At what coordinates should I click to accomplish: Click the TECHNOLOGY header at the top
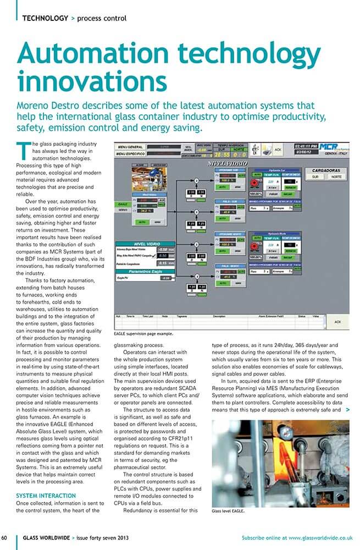(x=45, y=18)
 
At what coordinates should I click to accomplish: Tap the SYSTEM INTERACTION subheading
(x=46, y=496)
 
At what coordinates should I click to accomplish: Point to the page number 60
(x=4, y=537)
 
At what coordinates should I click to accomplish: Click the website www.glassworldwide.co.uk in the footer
(x=320, y=537)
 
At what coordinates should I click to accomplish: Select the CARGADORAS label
(x=328, y=170)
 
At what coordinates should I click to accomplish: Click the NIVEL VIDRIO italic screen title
(x=226, y=163)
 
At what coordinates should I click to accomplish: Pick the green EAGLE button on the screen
(x=123, y=203)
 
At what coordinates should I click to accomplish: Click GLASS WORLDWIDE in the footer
(x=45, y=537)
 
